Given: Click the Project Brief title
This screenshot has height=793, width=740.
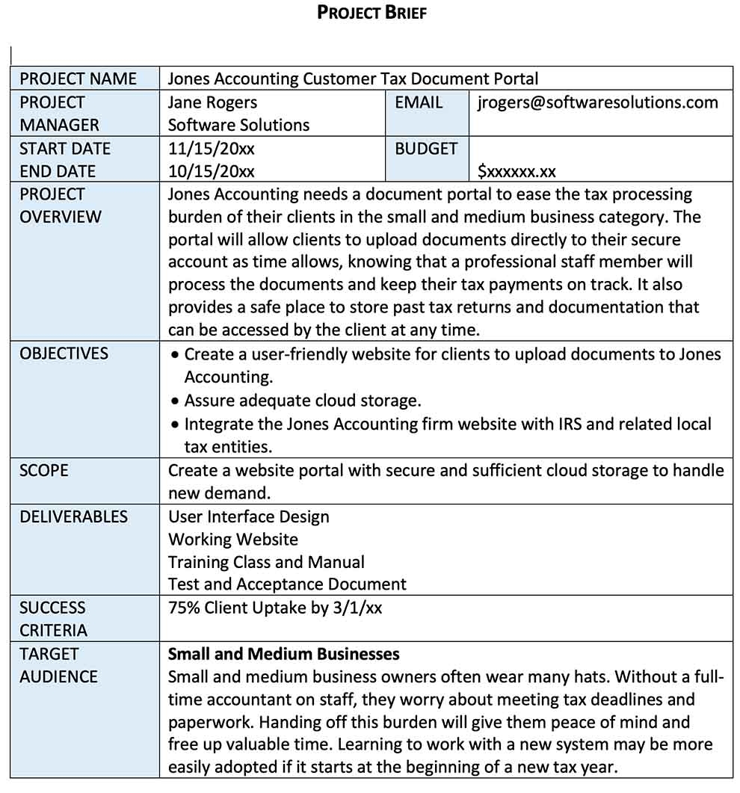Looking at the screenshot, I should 371,12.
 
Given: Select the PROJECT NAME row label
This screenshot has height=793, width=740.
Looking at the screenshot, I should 78,78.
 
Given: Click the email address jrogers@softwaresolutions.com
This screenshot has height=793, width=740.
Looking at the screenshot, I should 597,102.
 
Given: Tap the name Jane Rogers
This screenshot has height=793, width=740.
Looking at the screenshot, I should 212,102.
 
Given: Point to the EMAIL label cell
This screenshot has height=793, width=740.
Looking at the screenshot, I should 419,102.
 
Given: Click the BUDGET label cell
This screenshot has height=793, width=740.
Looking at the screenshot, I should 425,149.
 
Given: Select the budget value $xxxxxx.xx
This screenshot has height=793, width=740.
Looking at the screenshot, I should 517,171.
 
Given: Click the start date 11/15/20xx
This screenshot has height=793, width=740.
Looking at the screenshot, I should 212,149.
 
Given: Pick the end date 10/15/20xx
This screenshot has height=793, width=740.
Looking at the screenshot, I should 212,171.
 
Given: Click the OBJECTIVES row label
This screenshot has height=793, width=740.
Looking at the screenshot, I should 64,354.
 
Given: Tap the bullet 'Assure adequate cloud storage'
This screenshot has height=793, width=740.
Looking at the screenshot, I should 303,401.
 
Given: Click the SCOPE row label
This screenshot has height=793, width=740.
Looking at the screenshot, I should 44,470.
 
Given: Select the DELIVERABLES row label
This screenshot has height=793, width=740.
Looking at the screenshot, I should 74,516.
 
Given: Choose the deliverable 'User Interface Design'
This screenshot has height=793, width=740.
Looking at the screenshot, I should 248,516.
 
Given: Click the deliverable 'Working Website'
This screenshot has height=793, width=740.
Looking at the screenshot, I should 233,539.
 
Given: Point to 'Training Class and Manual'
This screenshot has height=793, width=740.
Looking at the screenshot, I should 266,562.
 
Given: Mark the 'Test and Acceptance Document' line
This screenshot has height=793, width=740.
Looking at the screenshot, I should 287,584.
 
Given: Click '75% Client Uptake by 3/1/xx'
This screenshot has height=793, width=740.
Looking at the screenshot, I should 275,608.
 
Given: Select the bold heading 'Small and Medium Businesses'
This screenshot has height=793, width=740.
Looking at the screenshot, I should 283,654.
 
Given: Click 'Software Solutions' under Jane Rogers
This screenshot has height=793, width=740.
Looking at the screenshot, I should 238,125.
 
